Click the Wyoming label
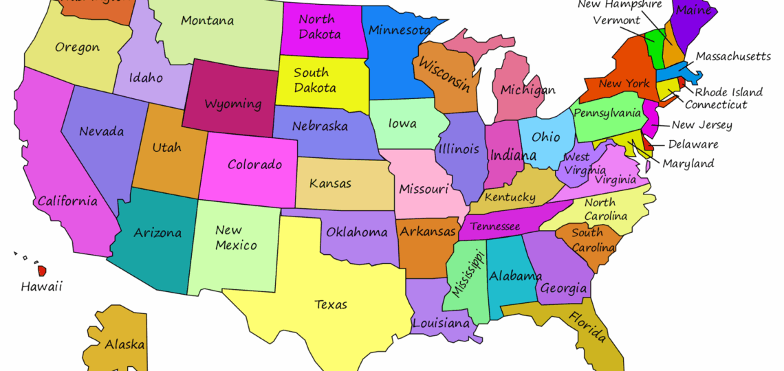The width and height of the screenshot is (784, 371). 232,104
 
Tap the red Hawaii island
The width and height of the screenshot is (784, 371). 42,271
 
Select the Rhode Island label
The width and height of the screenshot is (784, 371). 728,92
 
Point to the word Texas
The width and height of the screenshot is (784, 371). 331,304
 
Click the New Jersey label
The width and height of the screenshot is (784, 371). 701,125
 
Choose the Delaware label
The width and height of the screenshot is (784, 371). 693,144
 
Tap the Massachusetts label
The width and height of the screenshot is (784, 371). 733,56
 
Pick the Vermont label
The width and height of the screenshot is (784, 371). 616,21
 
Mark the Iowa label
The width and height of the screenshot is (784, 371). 402,124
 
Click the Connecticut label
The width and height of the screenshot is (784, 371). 715,104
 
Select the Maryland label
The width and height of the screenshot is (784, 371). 688,164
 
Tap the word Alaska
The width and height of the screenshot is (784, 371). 124,344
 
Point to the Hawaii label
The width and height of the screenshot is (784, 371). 41,286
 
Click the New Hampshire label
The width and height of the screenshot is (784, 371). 619,5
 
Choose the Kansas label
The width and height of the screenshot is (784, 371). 330,183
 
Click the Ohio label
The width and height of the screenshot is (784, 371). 546,137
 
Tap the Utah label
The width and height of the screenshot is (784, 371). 166,148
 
